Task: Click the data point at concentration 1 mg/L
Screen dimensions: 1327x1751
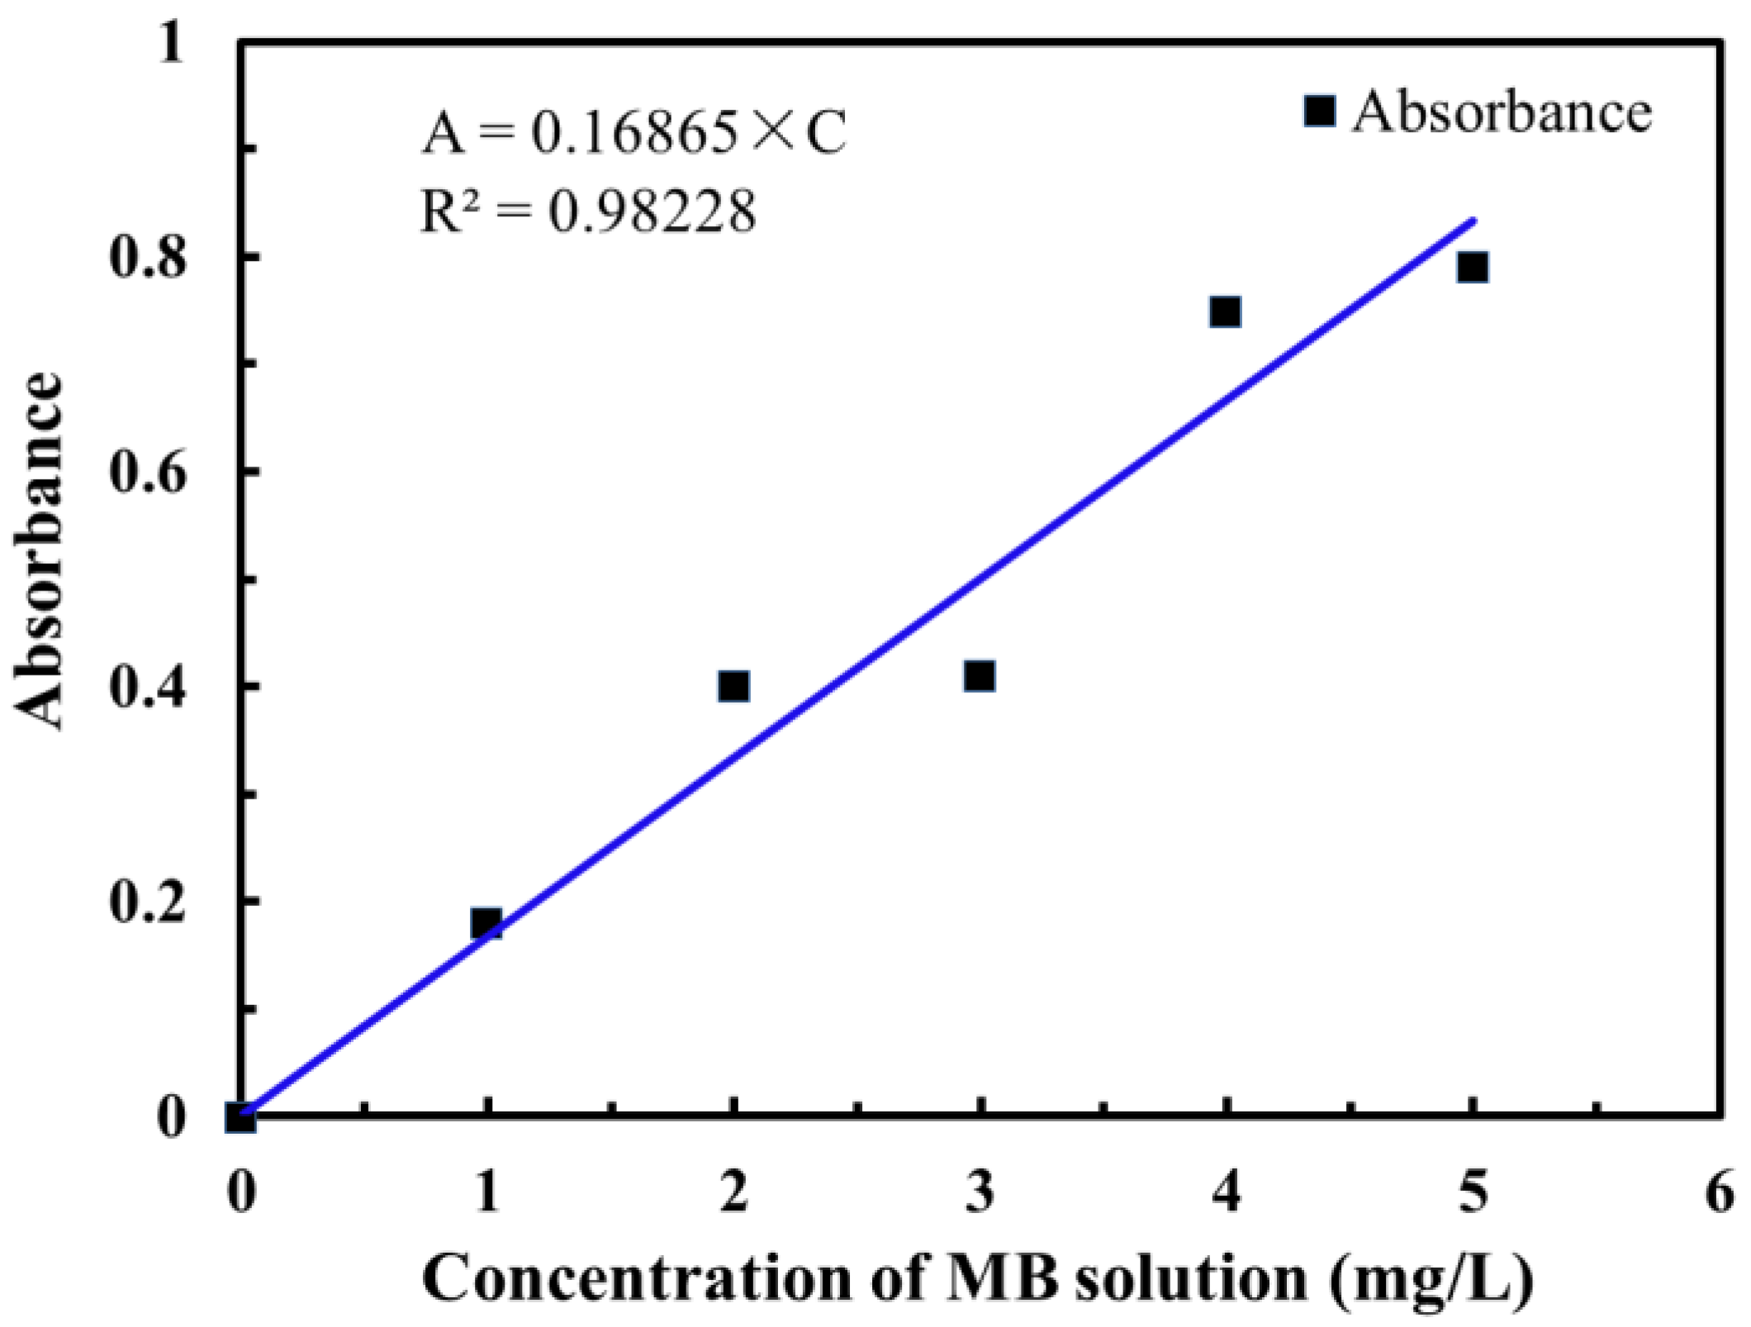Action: (x=486, y=923)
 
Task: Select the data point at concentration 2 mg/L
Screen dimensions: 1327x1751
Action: (x=733, y=686)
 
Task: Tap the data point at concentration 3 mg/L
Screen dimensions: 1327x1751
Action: (x=980, y=676)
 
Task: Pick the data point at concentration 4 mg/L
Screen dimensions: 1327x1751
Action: (x=1225, y=312)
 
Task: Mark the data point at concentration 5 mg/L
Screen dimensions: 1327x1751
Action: (x=1473, y=268)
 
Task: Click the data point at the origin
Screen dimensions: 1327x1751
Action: (x=240, y=1119)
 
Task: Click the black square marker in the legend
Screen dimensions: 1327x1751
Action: (x=1320, y=110)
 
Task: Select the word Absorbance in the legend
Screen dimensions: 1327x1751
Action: (x=1502, y=112)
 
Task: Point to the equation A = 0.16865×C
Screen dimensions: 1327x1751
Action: (x=634, y=132)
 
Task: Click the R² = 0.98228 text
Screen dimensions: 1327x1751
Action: (x=588, y=211)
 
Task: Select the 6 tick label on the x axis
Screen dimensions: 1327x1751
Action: (x=1720, y=1192)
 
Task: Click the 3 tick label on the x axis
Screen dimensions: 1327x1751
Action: (x=980, y=1192)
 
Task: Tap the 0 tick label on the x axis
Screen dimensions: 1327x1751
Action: (x=241, y=1192)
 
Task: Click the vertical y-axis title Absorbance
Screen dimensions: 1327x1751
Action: (x=39, y=552)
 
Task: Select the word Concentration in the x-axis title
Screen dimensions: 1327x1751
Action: (x=637, y=1279)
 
